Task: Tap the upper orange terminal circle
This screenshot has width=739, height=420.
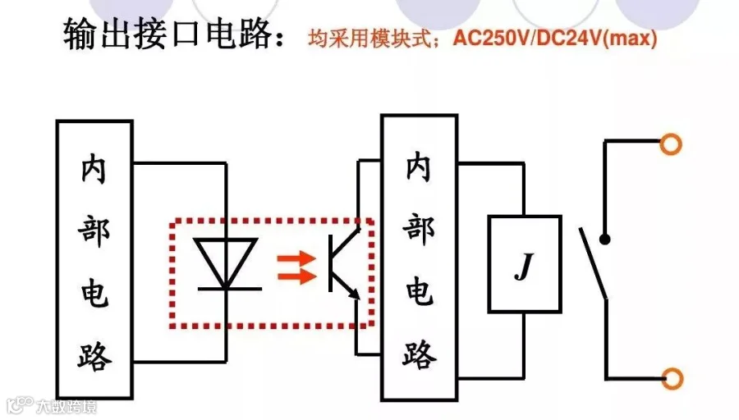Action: [671, 144]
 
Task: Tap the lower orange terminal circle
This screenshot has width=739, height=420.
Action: [671, 378]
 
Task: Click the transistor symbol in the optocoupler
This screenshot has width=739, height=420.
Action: [342, 263]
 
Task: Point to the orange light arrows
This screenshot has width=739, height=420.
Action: [296, 267]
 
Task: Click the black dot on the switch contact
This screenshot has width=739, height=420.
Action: [605, 240]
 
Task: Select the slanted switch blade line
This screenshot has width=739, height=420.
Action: [592, 262]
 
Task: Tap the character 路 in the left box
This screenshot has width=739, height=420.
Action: [94, 354]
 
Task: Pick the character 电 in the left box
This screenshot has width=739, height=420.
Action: [94, 293]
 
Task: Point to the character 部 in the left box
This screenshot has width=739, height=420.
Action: [94, 231]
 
